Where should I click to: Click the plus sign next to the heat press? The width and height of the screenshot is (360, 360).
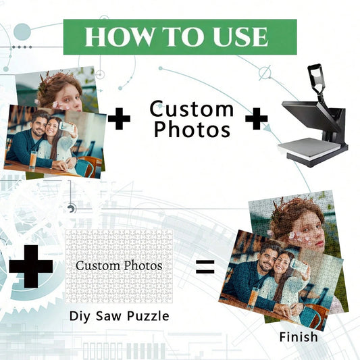[257, 119]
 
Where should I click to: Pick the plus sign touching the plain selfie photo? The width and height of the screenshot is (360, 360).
[119, 119]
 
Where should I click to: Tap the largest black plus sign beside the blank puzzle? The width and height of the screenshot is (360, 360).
[31, 266]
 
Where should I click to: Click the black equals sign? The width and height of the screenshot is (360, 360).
[205, 267]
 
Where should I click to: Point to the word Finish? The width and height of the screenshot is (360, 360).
[299, 337]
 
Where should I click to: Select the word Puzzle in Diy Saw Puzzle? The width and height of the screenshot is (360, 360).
[148, 316]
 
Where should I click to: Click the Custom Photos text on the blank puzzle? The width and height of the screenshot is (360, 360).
[119, 266]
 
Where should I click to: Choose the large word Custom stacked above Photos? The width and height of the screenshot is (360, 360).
[191, 109]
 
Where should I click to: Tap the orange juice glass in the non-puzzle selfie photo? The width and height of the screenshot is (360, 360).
[33, 160]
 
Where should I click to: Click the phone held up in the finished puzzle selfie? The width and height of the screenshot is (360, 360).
[296, 264]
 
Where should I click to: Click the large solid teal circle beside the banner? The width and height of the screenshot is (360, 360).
[22, 32]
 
